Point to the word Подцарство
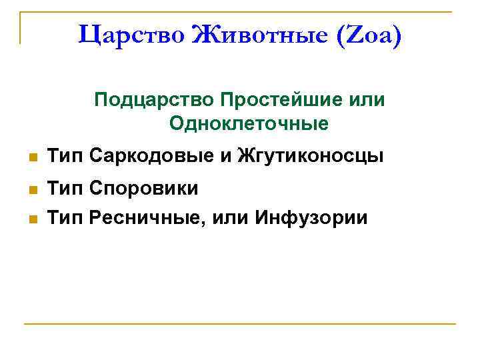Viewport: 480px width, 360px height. [150, 100]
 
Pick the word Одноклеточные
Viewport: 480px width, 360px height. [249, 123]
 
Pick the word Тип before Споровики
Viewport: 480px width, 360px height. [65, 189]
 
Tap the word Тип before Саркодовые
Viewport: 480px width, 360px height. [65, 157]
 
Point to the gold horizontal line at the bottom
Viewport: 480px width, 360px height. [240, 325]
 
